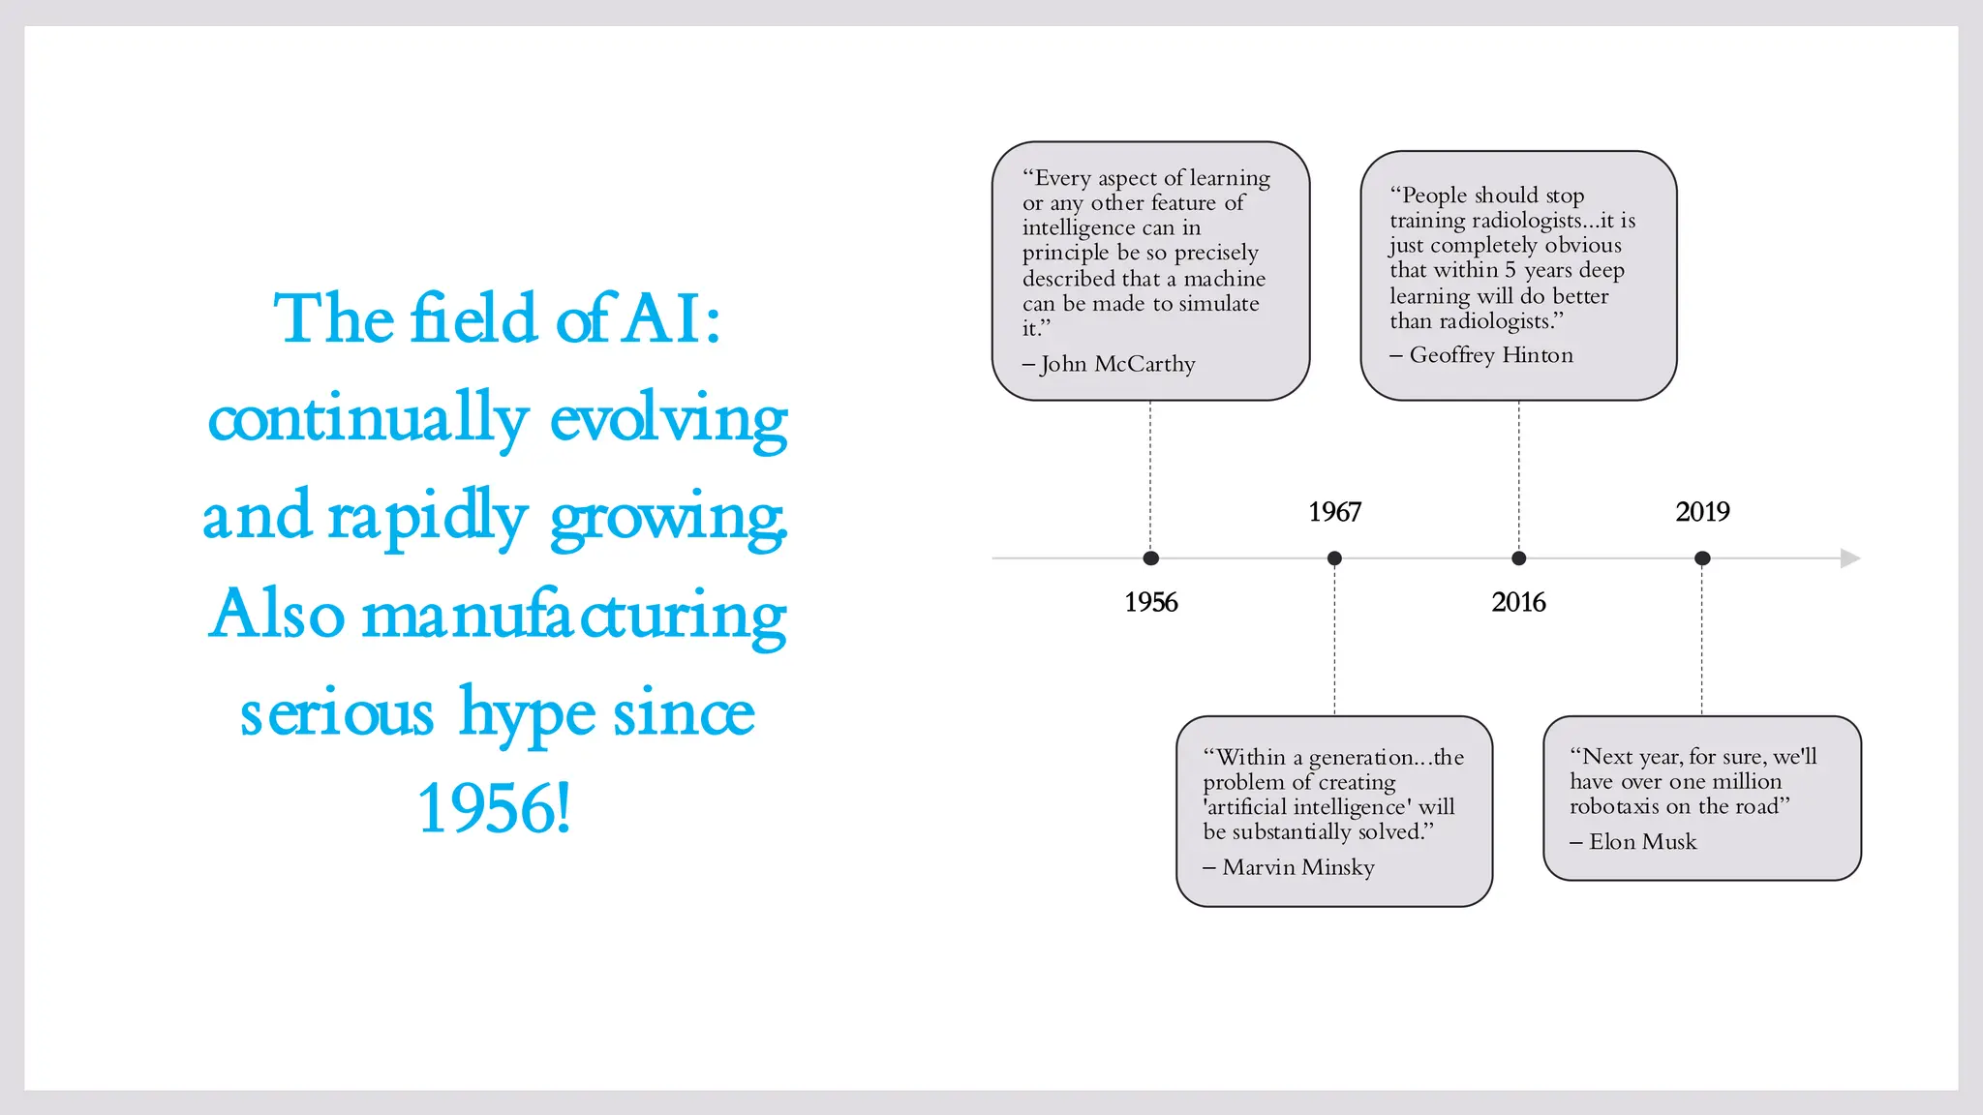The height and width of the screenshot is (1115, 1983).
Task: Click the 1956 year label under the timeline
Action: pyautogui.click(x=1150, y=602)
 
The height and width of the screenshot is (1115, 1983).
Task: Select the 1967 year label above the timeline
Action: pyautogui.click(x=1334, y=512)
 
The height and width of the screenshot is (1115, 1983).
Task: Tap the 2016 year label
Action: pyautogui.click(x=1518, y=602)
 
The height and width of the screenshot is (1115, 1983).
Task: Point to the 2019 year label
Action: pyautogui.click(x=1702, y=512)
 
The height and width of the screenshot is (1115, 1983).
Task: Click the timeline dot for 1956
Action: pyautogui.click(x=1150, y=558)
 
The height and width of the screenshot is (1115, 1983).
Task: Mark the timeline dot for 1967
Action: pyautogui.click(x=1334, y=558)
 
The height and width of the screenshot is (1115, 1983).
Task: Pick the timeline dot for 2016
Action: pyautogui.click(x=1518, y=558)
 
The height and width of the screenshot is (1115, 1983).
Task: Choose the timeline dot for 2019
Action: pyautogui.click(x=1702, y=558)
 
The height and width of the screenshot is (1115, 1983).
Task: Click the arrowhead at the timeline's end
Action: pyautogui.click(x=1849, y=558)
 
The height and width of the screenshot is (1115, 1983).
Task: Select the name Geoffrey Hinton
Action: pyautogui.click(x=1491, y=355)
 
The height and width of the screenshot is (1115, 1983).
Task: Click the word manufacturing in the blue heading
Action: pyautogui.click(x=573, y=616)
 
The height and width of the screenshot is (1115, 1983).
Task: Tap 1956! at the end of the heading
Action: pyautogui.click(x=494, y=809)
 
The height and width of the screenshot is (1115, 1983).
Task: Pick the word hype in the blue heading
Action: pyautogui.click(x=527, y=714)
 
